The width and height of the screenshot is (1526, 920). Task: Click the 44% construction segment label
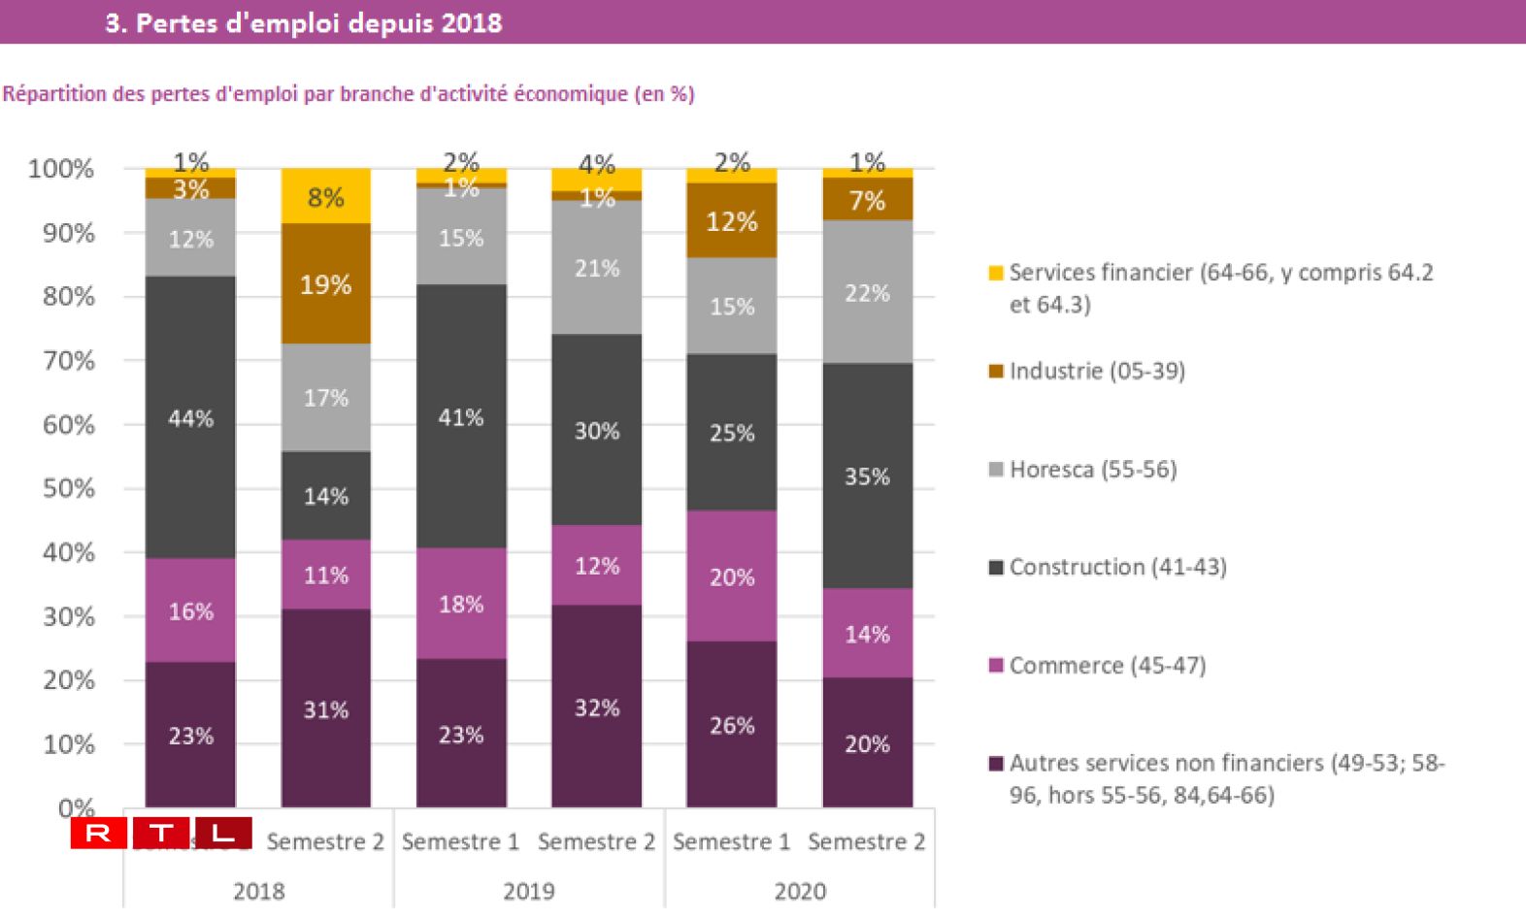pyautogui.click(x=190, y=419)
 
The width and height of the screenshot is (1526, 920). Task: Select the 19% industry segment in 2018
pyautogui.click(x=326, y=284)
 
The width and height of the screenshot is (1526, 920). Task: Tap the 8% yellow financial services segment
pyautogui.click(x=326, y=197)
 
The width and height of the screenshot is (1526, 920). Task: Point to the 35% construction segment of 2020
pyautogui.click(x=867, y=476)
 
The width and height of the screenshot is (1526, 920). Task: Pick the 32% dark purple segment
pyautogui.click(x=596, y=707)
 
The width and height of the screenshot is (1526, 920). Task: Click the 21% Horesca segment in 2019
pyautogui.click(x=596, y=268)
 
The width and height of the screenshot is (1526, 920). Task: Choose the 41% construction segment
pyautogui.click(x=461, y=417)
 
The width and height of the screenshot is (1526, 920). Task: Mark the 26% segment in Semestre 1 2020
pyautogui.click(x=731, y=725)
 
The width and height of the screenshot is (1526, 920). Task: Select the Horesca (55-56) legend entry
pyautogui.click(x=1092, y=470)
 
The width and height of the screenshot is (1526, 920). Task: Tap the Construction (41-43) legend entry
pyautogui.click(x=1117, y=567)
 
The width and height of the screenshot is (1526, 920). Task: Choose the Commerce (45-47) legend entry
pyautogui.click(x=1107, y=666)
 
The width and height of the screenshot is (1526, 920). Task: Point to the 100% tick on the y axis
pyautogui.click(x=61, y=169)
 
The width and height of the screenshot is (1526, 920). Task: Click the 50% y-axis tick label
pyautogui.click(x=68, y=488)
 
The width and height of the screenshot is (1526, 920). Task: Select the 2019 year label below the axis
pyautogui.click(x=529, y=891)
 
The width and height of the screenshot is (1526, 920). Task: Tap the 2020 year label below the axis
pyautogui.click(x=800, y=891)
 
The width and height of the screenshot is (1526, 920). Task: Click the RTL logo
pyautogui.click(x=161, y=833)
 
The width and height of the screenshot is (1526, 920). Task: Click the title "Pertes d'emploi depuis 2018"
pyautogui.click(x=304, y=23)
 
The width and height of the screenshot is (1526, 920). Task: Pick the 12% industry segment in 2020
pyautogui.click(x=731, y=221)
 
